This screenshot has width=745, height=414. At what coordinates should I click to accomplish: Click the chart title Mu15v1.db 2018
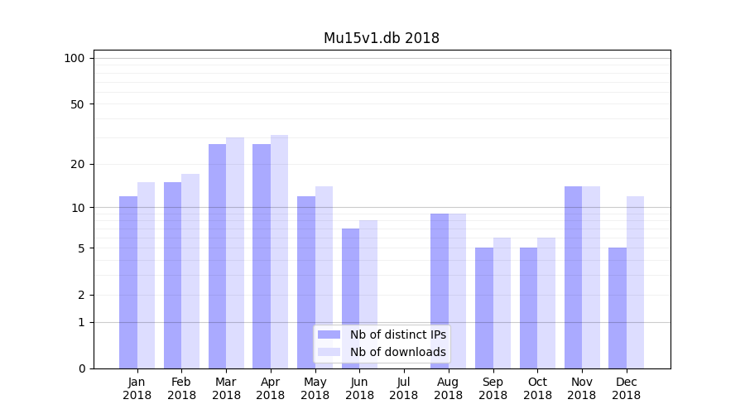click(x=381, y=38)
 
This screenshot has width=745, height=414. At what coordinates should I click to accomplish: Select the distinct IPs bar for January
click(x=128, y=282)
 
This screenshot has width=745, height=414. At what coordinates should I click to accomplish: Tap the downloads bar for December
click(x=635, y=282)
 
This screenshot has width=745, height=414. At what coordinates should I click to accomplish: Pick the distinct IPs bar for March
click(x=217, y=256)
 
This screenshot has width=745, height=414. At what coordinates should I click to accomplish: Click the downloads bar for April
click(x=279, y=252)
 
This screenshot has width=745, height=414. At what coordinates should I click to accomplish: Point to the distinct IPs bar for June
click(x=350, y=298)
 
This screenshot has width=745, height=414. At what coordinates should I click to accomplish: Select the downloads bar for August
click(x=457, y=291)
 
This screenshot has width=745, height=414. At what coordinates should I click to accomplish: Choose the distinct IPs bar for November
click(x=573, y=277)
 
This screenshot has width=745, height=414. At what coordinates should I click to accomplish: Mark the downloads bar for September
click(x=502, y=303)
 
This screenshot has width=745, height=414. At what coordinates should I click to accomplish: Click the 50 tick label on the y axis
click(x=78, y=104)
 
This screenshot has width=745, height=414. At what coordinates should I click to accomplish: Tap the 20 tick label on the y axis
click(x=78, y=164)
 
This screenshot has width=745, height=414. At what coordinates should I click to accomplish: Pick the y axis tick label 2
click(x=81, y=295)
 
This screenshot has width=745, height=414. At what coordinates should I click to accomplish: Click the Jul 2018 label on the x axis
click(x=404, y=388)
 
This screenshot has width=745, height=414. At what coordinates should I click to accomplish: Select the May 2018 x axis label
click(x=315, y=388)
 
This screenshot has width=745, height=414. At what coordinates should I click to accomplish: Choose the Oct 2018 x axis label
click(x=537, y=388)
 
